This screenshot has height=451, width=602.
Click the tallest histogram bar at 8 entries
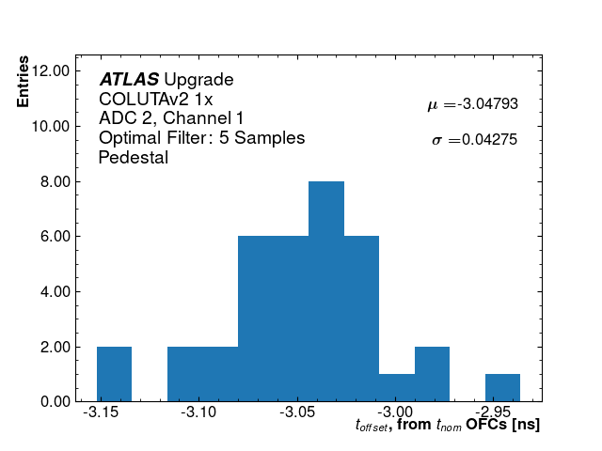(326, 291)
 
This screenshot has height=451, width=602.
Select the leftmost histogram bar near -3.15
(114, 374)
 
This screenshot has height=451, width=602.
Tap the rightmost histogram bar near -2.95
(502, 388)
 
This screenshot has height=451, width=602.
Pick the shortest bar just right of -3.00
(396, 388)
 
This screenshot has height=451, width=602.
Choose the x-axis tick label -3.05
(298, 413)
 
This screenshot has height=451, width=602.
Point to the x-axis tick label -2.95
(493, 413)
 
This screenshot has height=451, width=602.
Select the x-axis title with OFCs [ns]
(448, 426)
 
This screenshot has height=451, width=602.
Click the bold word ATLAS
(129, 80)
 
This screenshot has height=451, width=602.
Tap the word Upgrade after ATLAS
(198, 80)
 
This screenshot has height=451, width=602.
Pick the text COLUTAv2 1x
(156, 99)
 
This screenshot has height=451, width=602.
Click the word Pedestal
(134, 158)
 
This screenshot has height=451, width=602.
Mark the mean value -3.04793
(487, 104)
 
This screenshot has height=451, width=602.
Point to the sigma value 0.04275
(490, 140)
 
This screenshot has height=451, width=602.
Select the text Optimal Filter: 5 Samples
(201, 138)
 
